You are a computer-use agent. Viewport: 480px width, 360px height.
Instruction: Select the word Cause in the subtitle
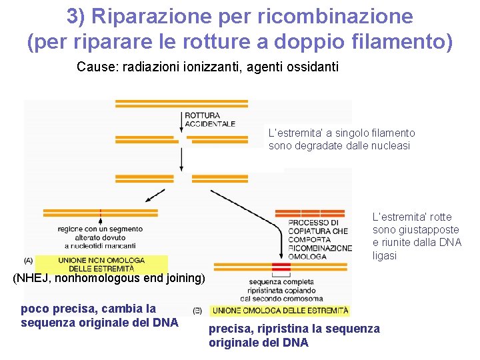pos(92,67)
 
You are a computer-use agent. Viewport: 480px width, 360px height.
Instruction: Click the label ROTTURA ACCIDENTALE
pos(210,119)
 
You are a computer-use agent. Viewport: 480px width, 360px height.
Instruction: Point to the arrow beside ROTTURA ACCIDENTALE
pos(181,120)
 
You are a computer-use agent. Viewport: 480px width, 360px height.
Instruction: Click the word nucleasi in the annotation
pos(391,146)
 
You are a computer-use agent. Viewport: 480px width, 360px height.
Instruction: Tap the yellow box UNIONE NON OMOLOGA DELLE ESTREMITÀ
pos(101,264)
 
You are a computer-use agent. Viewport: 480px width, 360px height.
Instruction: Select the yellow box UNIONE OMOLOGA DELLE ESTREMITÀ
pos(279,311)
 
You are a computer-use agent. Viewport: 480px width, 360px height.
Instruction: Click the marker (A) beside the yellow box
pos(28,260)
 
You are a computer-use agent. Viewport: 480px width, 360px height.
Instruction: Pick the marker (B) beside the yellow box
pos(197,311)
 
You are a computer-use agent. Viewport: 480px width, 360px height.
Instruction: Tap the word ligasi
pos(385,256)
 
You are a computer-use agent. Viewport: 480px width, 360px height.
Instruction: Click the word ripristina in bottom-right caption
pos(275,329)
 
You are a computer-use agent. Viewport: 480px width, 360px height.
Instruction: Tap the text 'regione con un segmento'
pos(100,229)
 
